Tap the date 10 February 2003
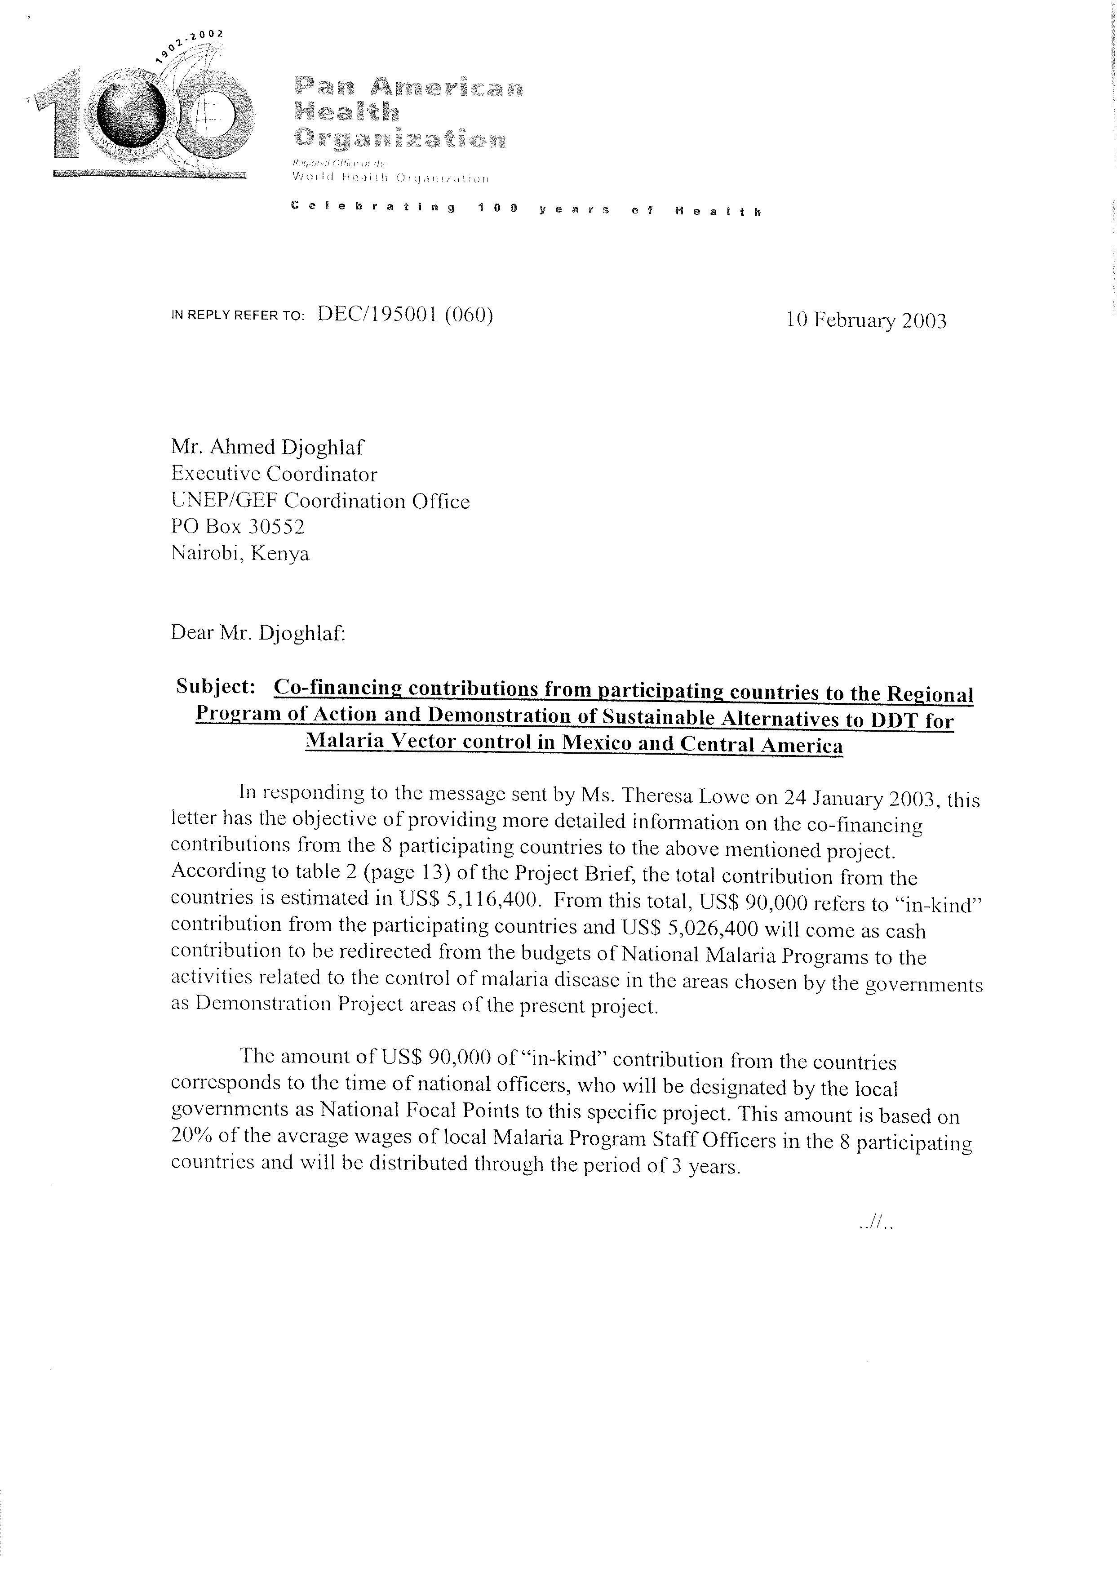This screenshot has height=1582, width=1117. coord(866,321)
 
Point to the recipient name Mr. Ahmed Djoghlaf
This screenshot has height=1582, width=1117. coord(267,448)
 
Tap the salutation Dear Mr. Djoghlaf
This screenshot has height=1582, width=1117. coord(257,632)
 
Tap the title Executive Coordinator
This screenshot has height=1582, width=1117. coord(274,474)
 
